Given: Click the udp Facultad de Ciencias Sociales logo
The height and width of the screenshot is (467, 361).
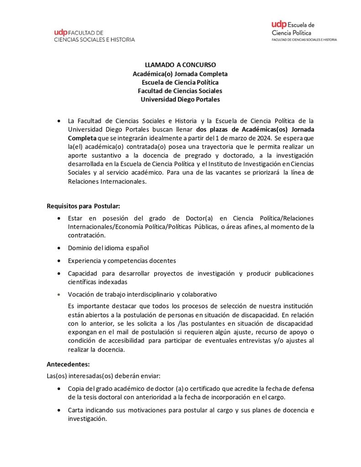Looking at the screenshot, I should click(x=94, y=36).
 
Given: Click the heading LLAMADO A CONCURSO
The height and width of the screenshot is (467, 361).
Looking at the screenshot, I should click(x=180, y=65).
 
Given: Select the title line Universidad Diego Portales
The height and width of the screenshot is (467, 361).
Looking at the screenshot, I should click(x=180, y=99).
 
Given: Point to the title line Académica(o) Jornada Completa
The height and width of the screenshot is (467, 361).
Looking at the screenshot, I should click(x=180, y=73).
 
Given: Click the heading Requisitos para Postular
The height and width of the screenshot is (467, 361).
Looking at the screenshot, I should click(x=84, y=206).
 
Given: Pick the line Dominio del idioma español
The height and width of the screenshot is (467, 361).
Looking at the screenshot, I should click(x=109, y=248).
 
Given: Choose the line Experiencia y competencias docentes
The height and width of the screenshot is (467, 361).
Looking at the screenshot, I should click(x=122, y=260).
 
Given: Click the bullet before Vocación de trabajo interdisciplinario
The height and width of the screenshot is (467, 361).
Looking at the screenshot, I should click(x=59, y=294).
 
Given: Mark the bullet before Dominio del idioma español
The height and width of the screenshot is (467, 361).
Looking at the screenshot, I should click(x=59, y=248).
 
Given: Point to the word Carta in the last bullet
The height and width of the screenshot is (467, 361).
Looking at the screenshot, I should click(x=75, y=410).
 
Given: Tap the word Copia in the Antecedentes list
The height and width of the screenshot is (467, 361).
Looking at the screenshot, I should click(x=76, y=388).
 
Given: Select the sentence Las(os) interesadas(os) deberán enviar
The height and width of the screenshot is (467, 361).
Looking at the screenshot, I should click(x=104, y=376).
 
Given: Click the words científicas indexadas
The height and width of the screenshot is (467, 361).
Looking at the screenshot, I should click(x=95, y=282).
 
